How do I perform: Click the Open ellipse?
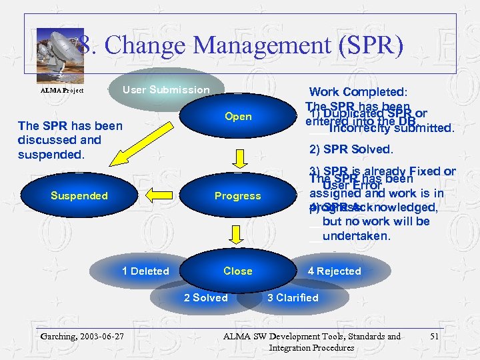[x=238, y=117]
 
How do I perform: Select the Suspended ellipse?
[x=79, y=196]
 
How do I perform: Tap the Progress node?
[x=238, y=196]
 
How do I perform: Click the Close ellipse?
[x=238, y=271]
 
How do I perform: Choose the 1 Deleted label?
[x=145, y=271]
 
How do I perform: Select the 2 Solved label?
[x=205, y=298]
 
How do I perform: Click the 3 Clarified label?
[x=293, y=298]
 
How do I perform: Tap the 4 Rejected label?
[x=334, y=271]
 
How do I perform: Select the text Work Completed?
[x=359, y=92]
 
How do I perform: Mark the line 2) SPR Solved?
[x=351, y=149]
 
